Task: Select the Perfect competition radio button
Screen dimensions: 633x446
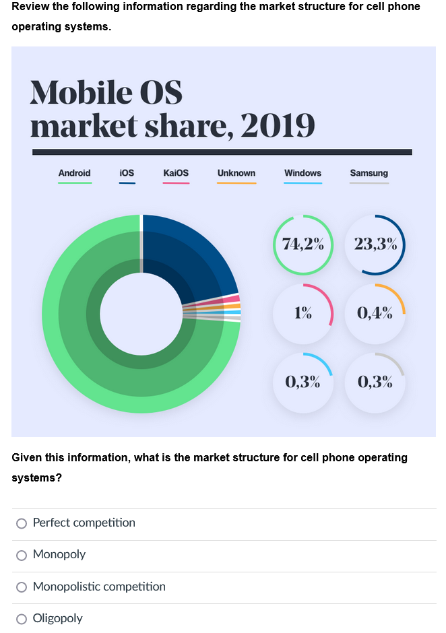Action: pyautogui.click(x=22, y=523)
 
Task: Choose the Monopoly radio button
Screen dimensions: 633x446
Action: pyautogui.click(x=22, y=555)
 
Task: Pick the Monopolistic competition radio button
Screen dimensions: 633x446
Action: pyautogui.click(x=22, y=587)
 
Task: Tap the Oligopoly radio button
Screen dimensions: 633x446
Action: pyautogui.click(x=22, y=619)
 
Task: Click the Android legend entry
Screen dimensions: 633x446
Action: pyautogui.click(x=74, y=174)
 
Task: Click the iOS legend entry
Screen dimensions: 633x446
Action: pyautogui.click(x=127, y=174)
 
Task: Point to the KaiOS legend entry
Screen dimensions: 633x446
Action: pyautogui.click(x=176, y=174)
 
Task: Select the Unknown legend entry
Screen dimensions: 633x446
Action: pyautogui.click(x=236, y=174)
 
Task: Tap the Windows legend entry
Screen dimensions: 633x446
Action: pyautogui.click(x=302, y=174)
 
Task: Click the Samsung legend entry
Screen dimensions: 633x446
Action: pyautogui.click(x=369, y=174)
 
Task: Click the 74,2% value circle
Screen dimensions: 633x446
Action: pyautogui.click(x=303, y=244)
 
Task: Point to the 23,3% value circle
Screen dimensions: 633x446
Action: pyautogui.click(x=375, y=244)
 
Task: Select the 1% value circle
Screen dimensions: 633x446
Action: pyautogui.click(x=303, y=313)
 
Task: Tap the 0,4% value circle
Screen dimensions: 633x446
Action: pyautogui.click(x=375, y=313)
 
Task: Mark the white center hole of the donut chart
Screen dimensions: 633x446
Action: pyautogui.click(x=140, y=313)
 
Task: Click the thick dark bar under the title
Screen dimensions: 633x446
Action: pyautogui.click(x=222, y=152)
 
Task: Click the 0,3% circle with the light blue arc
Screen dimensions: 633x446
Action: pyautogui.click(x=303, y=382)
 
